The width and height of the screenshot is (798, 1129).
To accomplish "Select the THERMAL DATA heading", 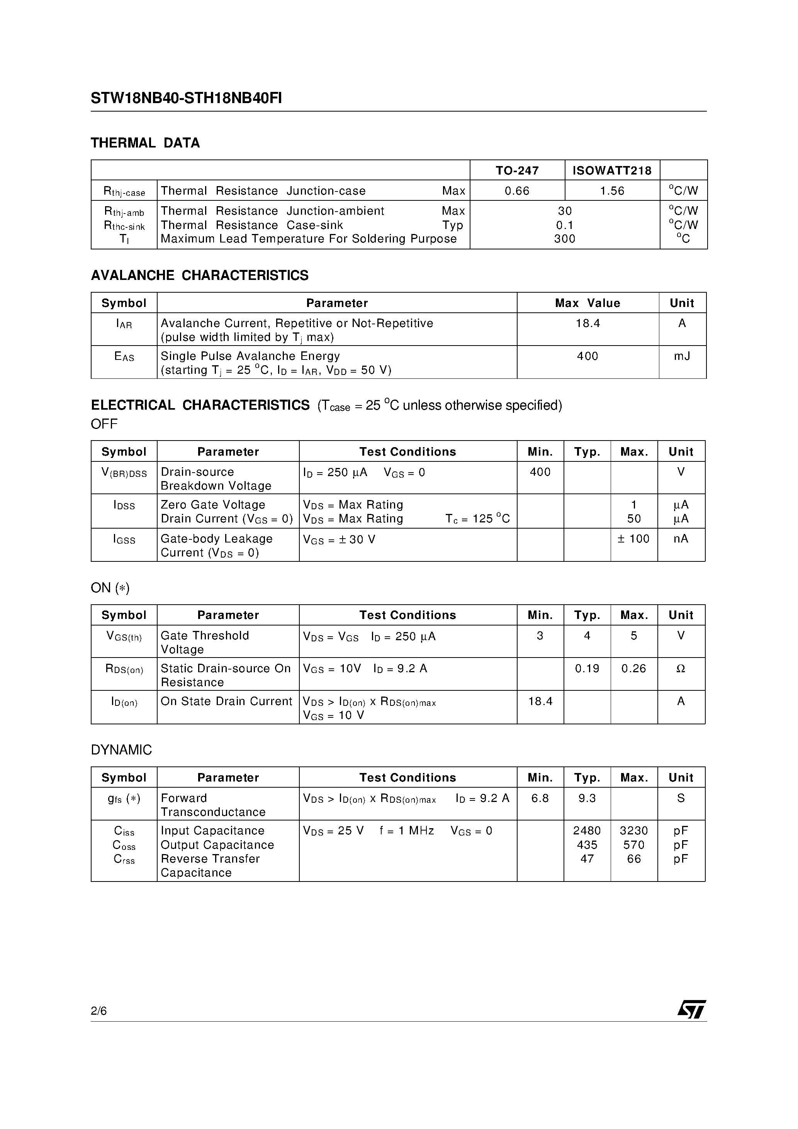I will tap(145, 143).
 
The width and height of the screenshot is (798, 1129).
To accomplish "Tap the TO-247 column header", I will tap(517, 171).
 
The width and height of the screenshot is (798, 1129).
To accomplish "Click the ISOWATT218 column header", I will tap(612, 171).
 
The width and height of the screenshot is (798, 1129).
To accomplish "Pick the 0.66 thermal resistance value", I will tap(517, 191).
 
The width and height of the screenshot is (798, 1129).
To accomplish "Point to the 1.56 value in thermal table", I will tap(612, 191).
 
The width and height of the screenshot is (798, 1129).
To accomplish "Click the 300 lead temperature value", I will tap(564, 239).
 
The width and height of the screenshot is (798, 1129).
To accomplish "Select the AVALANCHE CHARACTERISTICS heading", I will tap(200, 275).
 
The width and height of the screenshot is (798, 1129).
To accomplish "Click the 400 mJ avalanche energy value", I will tap(587, 356).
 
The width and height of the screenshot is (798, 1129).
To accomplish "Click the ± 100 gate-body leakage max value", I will tap(634, 539).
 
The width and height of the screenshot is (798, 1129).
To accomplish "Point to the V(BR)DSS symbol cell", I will tap(124, 473).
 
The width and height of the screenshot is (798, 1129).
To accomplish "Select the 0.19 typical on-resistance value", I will tap(587, 669).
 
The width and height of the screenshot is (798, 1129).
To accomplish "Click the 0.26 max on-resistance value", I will tap(634, 669).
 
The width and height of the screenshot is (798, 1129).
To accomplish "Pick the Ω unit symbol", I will tap(681, 669).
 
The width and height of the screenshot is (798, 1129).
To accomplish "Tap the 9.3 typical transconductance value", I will tap(587, 798).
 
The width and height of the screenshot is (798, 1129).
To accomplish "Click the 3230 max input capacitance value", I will tap(634, 831).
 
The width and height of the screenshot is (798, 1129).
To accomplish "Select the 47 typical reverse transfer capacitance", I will tap(587, 859).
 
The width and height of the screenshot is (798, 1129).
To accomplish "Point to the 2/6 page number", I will tap(99, 1011).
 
